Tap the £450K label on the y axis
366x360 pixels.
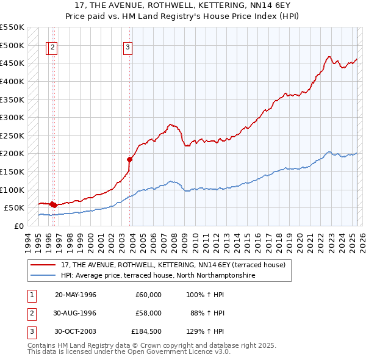[12, 63]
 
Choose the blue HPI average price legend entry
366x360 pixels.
[157, 276]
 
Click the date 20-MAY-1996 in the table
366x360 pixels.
[76, 295]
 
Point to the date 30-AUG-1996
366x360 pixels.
[76, 313]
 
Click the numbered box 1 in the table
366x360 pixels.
[31, 295]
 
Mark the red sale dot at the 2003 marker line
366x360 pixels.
[129, 159]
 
